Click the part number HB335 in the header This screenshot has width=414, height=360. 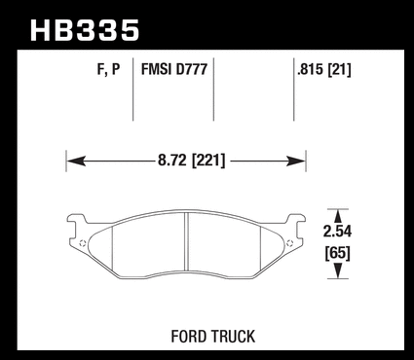85,30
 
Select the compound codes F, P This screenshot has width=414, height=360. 108,69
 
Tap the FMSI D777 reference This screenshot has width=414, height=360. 174,69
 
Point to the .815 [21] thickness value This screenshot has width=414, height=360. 324,69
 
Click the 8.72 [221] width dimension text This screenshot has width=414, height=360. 191,161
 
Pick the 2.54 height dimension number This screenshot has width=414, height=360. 338,232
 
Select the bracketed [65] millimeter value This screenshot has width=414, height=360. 338,253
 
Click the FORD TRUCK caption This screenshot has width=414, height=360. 213,337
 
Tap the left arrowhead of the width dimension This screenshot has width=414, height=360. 76,161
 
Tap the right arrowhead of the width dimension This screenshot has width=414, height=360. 296,161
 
